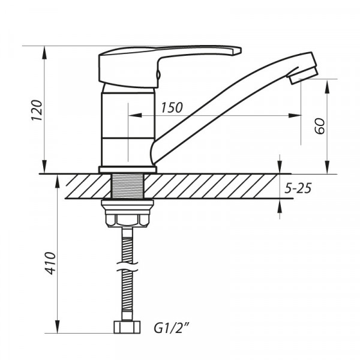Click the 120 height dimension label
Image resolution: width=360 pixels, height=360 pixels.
pyautogui.click(x=36, y=109)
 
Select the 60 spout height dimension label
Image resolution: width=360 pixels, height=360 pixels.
pyautogui.click(x=319, y=127)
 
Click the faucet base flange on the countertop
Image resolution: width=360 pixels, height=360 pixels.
pyautogui.click(x=127, y=169)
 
